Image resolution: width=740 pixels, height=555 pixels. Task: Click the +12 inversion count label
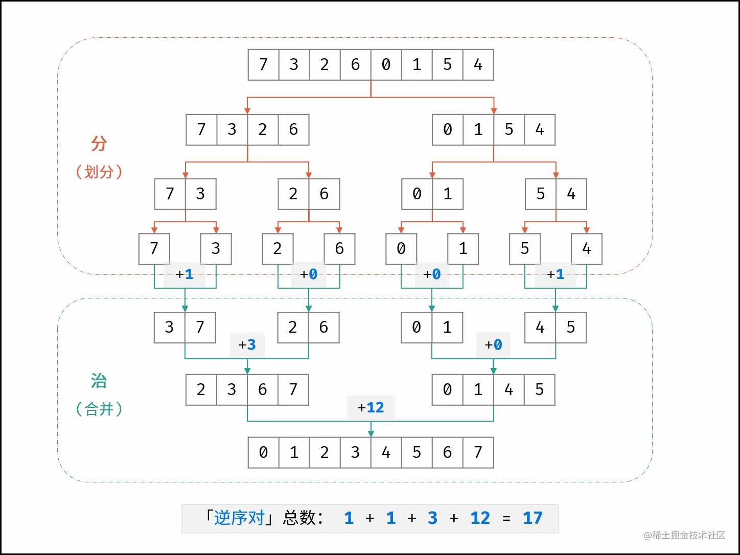pos(371,408)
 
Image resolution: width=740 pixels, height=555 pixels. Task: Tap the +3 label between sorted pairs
pos(247,345)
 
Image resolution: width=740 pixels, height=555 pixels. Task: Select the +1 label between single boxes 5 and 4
pos(556,274)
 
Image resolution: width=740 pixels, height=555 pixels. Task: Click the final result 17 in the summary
pos(533,518)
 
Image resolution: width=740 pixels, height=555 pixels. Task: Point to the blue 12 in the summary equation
pos(480,518)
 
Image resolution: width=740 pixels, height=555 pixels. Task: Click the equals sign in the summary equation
pos(506,519)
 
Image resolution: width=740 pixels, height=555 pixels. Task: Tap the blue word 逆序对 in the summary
pos(239,518)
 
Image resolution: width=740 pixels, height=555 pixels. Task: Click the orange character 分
pos(99,144)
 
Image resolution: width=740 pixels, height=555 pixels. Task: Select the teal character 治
pos(99,381)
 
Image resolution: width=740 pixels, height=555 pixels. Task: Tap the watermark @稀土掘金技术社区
pos(684,535)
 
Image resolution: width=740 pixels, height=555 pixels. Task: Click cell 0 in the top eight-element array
pos(386,65)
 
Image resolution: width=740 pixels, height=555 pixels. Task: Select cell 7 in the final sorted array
pos(478,452)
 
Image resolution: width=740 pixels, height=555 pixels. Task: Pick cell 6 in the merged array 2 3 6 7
pos(263,390)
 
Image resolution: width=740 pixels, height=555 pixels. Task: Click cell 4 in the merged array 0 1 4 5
pos(509,390)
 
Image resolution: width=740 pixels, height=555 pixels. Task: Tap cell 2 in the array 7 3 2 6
pos(263,130)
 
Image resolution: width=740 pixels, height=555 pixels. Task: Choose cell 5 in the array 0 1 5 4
pos(509,130)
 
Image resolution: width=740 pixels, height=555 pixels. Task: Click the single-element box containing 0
pos(401,249)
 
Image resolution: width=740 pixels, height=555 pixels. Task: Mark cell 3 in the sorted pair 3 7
pos(169,328)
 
